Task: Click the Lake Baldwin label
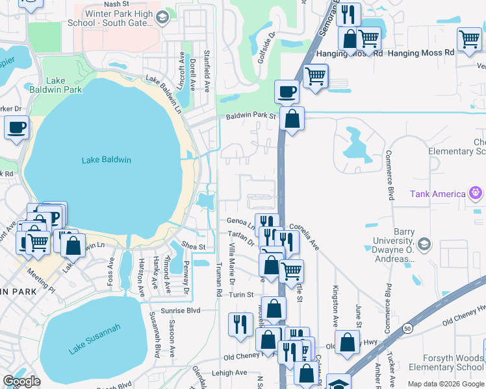[x=107, y=160]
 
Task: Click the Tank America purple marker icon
[x=476, y=193]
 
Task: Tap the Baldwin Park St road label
[x=251, y=117]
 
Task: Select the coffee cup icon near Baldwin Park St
[x=286, y=92]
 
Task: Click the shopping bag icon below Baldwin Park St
[x=292, y=119]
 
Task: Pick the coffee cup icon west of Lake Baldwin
[x=17, y=127]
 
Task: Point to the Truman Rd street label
[x=219, y=279]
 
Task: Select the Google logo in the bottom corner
[x=21, y=381]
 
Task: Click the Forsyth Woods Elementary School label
[x=442, y=361]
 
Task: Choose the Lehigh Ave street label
[x=232, y=373]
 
